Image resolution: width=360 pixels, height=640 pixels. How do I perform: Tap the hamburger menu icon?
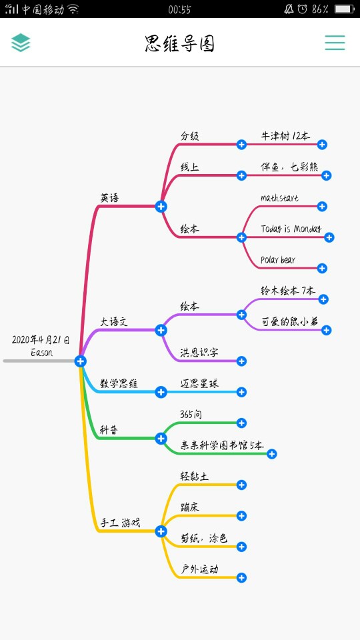(335, 43)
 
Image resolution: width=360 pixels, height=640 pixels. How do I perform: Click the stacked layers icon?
(21, 43)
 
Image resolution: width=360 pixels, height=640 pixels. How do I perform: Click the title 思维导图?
(179, 44)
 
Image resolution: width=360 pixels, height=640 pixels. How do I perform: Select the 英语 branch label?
(110, 198)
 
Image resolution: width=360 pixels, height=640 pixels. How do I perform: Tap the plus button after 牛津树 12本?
(322, 144)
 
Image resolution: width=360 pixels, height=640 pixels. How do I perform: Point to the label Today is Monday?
(291, 229)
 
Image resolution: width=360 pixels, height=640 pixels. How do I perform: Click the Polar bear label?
(278, 259)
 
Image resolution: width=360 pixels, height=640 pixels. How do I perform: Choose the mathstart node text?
(279, 198)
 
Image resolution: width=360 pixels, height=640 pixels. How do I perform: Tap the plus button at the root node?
(81, 361)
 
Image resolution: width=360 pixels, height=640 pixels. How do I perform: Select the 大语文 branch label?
(114, 321)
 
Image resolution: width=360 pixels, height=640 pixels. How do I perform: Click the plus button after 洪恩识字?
(241, 361)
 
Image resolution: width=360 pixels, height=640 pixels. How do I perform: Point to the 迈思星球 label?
(199, 383)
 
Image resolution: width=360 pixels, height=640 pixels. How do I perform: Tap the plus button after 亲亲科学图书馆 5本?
(272, 454)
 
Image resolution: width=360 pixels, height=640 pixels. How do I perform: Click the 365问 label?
(191, 414)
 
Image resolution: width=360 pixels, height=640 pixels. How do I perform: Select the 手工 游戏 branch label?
(121, 523)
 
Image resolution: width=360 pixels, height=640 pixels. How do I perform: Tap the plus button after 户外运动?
(241, 577)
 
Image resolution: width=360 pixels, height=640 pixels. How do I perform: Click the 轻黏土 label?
(195, 476)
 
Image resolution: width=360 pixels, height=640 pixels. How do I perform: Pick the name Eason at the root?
(41, 352)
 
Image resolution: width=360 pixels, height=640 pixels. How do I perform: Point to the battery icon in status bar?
(344, 9)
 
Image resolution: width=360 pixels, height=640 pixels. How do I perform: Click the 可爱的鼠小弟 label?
(290, 321)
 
